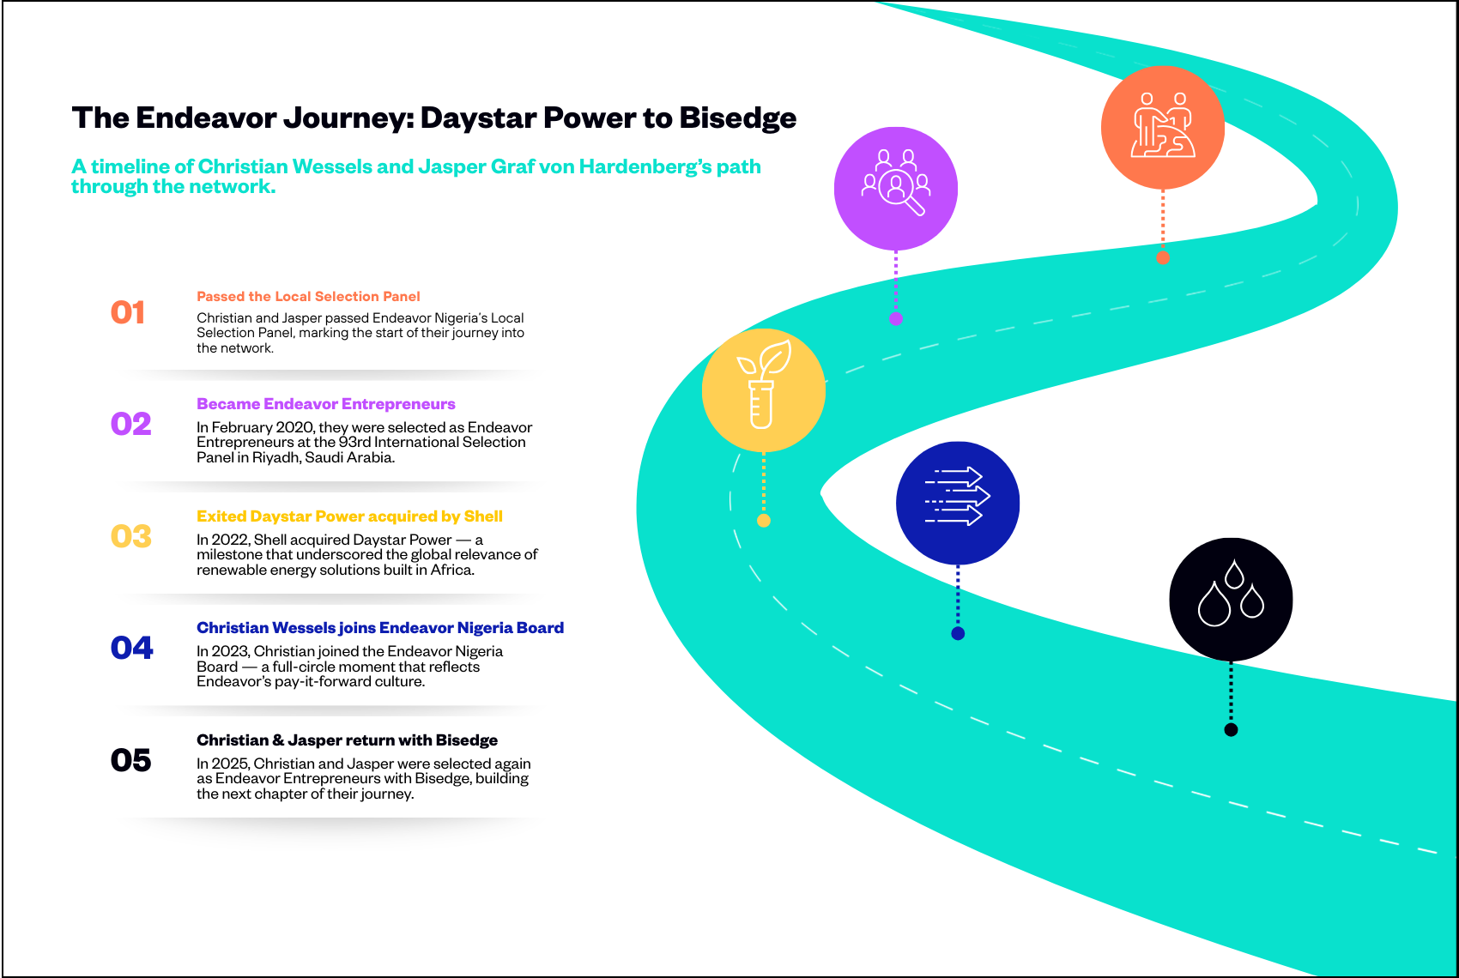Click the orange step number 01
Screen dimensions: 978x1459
click(128, 312)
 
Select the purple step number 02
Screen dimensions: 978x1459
click(130, 424)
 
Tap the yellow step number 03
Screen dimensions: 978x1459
click(130, 536)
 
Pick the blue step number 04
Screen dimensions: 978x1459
click(131, 648)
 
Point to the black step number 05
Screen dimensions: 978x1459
click(130, 760)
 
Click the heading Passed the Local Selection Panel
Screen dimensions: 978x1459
click(308, 296)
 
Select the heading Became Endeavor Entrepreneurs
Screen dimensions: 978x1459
click(325, 404)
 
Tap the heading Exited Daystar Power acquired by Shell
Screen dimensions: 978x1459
click(349, 516)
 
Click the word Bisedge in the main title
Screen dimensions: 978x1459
click(737, 118)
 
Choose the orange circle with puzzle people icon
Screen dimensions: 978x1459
click(1162, 127)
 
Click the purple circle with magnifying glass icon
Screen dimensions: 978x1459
click(895, 188)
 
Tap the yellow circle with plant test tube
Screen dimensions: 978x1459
click(763, 389)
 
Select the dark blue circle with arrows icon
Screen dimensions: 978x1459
click(957, 503)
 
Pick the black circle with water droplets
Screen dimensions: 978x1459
click(1231, 599)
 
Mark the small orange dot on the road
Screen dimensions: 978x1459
click(1163, 257)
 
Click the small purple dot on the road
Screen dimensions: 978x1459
click(895, 318)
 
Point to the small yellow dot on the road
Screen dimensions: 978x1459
click(763, 521)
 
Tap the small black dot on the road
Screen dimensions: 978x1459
click(1231, 730)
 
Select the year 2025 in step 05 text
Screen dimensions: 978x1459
click(230, 764)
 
